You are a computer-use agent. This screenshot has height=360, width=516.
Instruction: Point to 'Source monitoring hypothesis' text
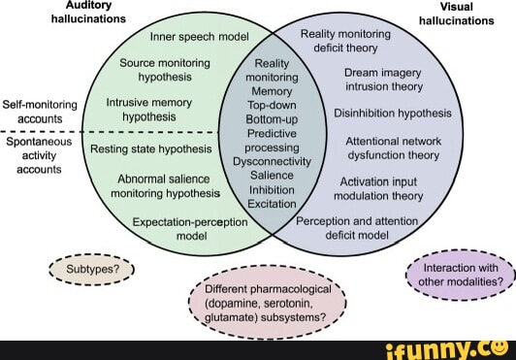click(165, 68)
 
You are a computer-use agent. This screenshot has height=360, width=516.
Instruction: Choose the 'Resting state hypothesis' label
click(151, 149)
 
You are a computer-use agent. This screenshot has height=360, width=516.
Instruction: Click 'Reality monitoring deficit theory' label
click(345, 40)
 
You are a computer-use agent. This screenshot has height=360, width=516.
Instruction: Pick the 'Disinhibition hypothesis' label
click(393, 113)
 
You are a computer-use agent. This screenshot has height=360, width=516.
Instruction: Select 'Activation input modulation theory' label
click(379, 188)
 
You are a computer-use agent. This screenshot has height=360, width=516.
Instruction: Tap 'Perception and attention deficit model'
click(356, 227)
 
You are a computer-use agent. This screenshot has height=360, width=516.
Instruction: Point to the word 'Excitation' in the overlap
click(272, 204)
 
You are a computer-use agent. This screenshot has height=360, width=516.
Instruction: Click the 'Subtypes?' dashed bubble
click(89, 269)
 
